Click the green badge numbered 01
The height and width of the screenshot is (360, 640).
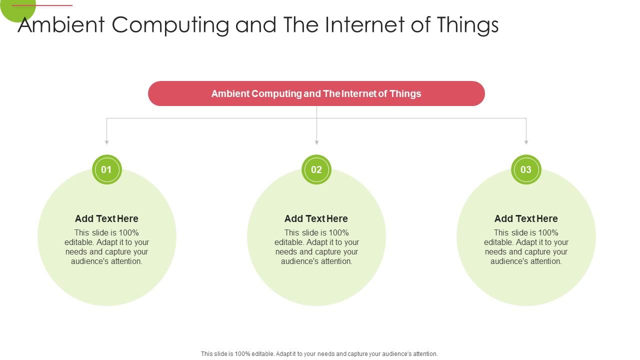[x=106, y=169]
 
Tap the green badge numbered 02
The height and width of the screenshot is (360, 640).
[x=316, y=169]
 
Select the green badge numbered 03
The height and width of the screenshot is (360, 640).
[x=526, y=169]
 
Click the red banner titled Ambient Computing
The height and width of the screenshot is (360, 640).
[x=316, y=93]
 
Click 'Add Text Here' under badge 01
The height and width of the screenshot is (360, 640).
[x=106, y=218]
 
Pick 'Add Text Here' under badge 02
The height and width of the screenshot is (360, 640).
[x=316, y=218]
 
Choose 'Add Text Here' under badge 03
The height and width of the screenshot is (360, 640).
[x=526, y=218]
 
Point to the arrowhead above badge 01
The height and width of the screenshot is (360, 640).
[x=106, y=142]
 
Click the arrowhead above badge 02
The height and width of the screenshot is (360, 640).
[x=316, y=142]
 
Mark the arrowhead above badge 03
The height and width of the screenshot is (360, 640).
[x=526, y=142]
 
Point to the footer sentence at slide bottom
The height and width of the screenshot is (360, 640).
[x=319, y=353]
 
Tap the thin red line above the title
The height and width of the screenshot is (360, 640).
[x=42, y=5]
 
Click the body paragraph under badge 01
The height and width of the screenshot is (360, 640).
[x=106, y=247]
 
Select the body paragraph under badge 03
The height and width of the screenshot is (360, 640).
[x=526, y=247]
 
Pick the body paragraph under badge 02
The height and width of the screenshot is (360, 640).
[x=316, y=247]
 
